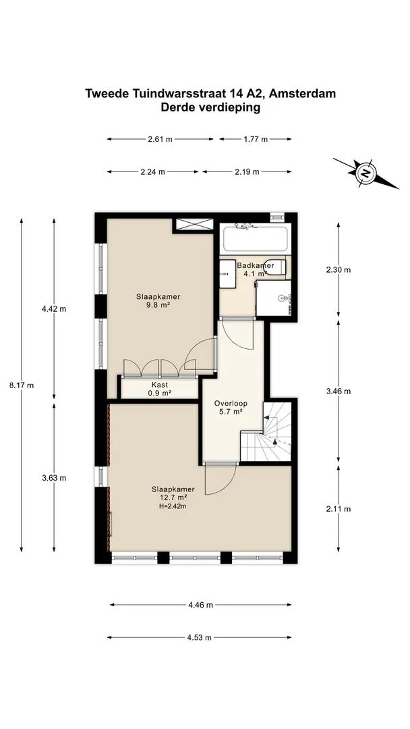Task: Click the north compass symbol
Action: [x=366, y=173]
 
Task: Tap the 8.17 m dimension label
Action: [x=22, y=385]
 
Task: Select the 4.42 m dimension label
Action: [x=54, y=308]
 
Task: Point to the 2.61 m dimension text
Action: [x=160, y=139]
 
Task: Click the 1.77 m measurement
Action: [x=256, y=139]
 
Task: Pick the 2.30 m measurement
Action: [x=339, y=269]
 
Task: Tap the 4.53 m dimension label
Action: [x=199, y=637]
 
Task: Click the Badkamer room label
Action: [x=255, y=266]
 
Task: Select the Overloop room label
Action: [x=231, y=404]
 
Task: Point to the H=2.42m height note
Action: [x=172, y=506]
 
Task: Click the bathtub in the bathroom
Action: [x=257, y=239]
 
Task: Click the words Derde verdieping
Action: [x=210, y=108]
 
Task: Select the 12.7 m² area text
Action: [x=173, y=497]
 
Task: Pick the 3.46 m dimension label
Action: [x=339, y=391]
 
